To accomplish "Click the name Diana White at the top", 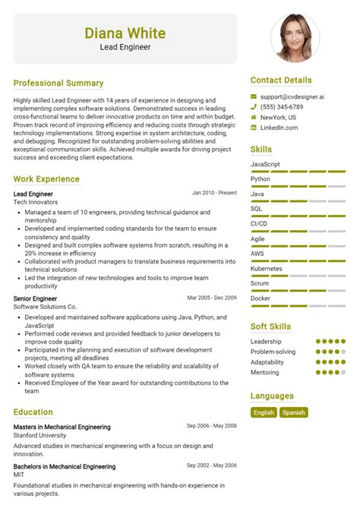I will pyautogui.click(x=125, y=33).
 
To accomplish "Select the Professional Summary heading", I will pyautogui.click(x=58, y=83).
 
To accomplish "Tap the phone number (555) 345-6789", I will pyautogui.click(x=287, y=107).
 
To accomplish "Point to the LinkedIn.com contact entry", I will pyautogui.click(x=280, y=128).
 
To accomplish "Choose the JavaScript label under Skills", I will pyautogui.click(x=266, y=164).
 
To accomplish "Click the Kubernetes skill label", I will pyautogui.click(x=267, y=268).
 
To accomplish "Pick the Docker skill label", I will pyautogui.click(x=261, y=298).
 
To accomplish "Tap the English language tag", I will pyautogui.click(x=264, y=412).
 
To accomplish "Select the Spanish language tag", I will pyautogui.click(x=292, y=412).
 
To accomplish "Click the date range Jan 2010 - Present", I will pyautogui.click(x=214, y=193).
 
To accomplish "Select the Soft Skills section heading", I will pyautogui.click(x=270, y=327).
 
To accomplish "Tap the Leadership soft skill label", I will pyautogui.click(x=266, y=342).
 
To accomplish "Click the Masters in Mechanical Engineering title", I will pyautogui.click(x=62, y=427).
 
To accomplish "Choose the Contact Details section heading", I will pyautogui.click(x=281, y=80).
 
